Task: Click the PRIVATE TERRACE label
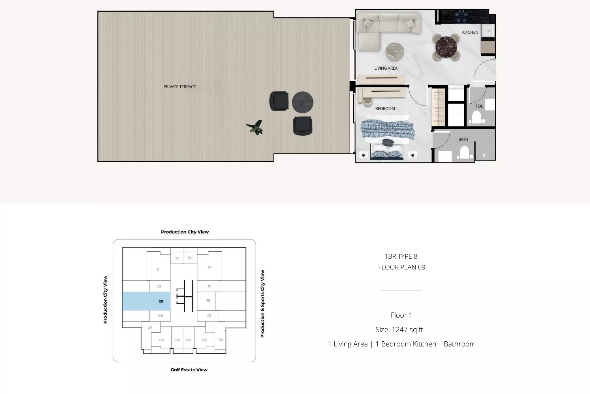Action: [x=179, y=87]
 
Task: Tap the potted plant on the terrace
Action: [x=255, y=127]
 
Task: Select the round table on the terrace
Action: [x=302, y=102]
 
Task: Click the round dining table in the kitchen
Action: [x=446, y=47]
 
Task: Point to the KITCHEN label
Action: [x=470, y=32]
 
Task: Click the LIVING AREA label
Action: [x=386, y=68]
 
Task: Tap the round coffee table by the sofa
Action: [x=394, y=52]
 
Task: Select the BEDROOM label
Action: [x=385, y=109]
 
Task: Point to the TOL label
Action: [x=479, y=106]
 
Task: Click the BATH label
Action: [x=463, y=139]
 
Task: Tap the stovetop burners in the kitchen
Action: [x=461, y=17]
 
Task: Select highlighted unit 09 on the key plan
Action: [x=146, y=301]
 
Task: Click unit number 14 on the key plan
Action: [x=210, y=267]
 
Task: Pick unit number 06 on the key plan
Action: [x=161, y=340]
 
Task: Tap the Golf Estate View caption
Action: [x=189, y=370]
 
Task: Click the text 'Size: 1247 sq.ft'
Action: [x=399, y=329]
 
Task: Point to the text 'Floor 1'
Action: [x=401, y=315]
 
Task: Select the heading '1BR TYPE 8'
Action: [x=401, y=256]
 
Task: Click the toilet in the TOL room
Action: [x=476, y=117]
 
